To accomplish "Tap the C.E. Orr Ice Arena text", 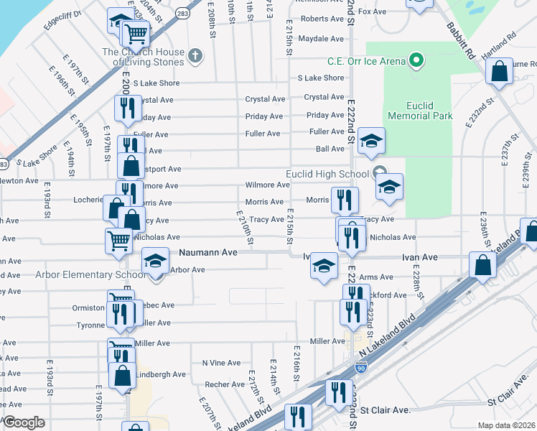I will (366, 61).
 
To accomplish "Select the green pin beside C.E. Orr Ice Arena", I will (416, 61).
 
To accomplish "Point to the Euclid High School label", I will (327, 174).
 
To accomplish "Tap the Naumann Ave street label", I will (207, 253).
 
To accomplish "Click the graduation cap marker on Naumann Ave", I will (154, 261).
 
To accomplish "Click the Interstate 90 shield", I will (360, 369).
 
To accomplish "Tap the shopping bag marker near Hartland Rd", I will (499, 71).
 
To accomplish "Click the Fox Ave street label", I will (373, 12).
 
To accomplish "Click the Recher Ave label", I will (225, 384).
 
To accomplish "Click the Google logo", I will (24, 422).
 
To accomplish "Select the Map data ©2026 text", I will (507, 425).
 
